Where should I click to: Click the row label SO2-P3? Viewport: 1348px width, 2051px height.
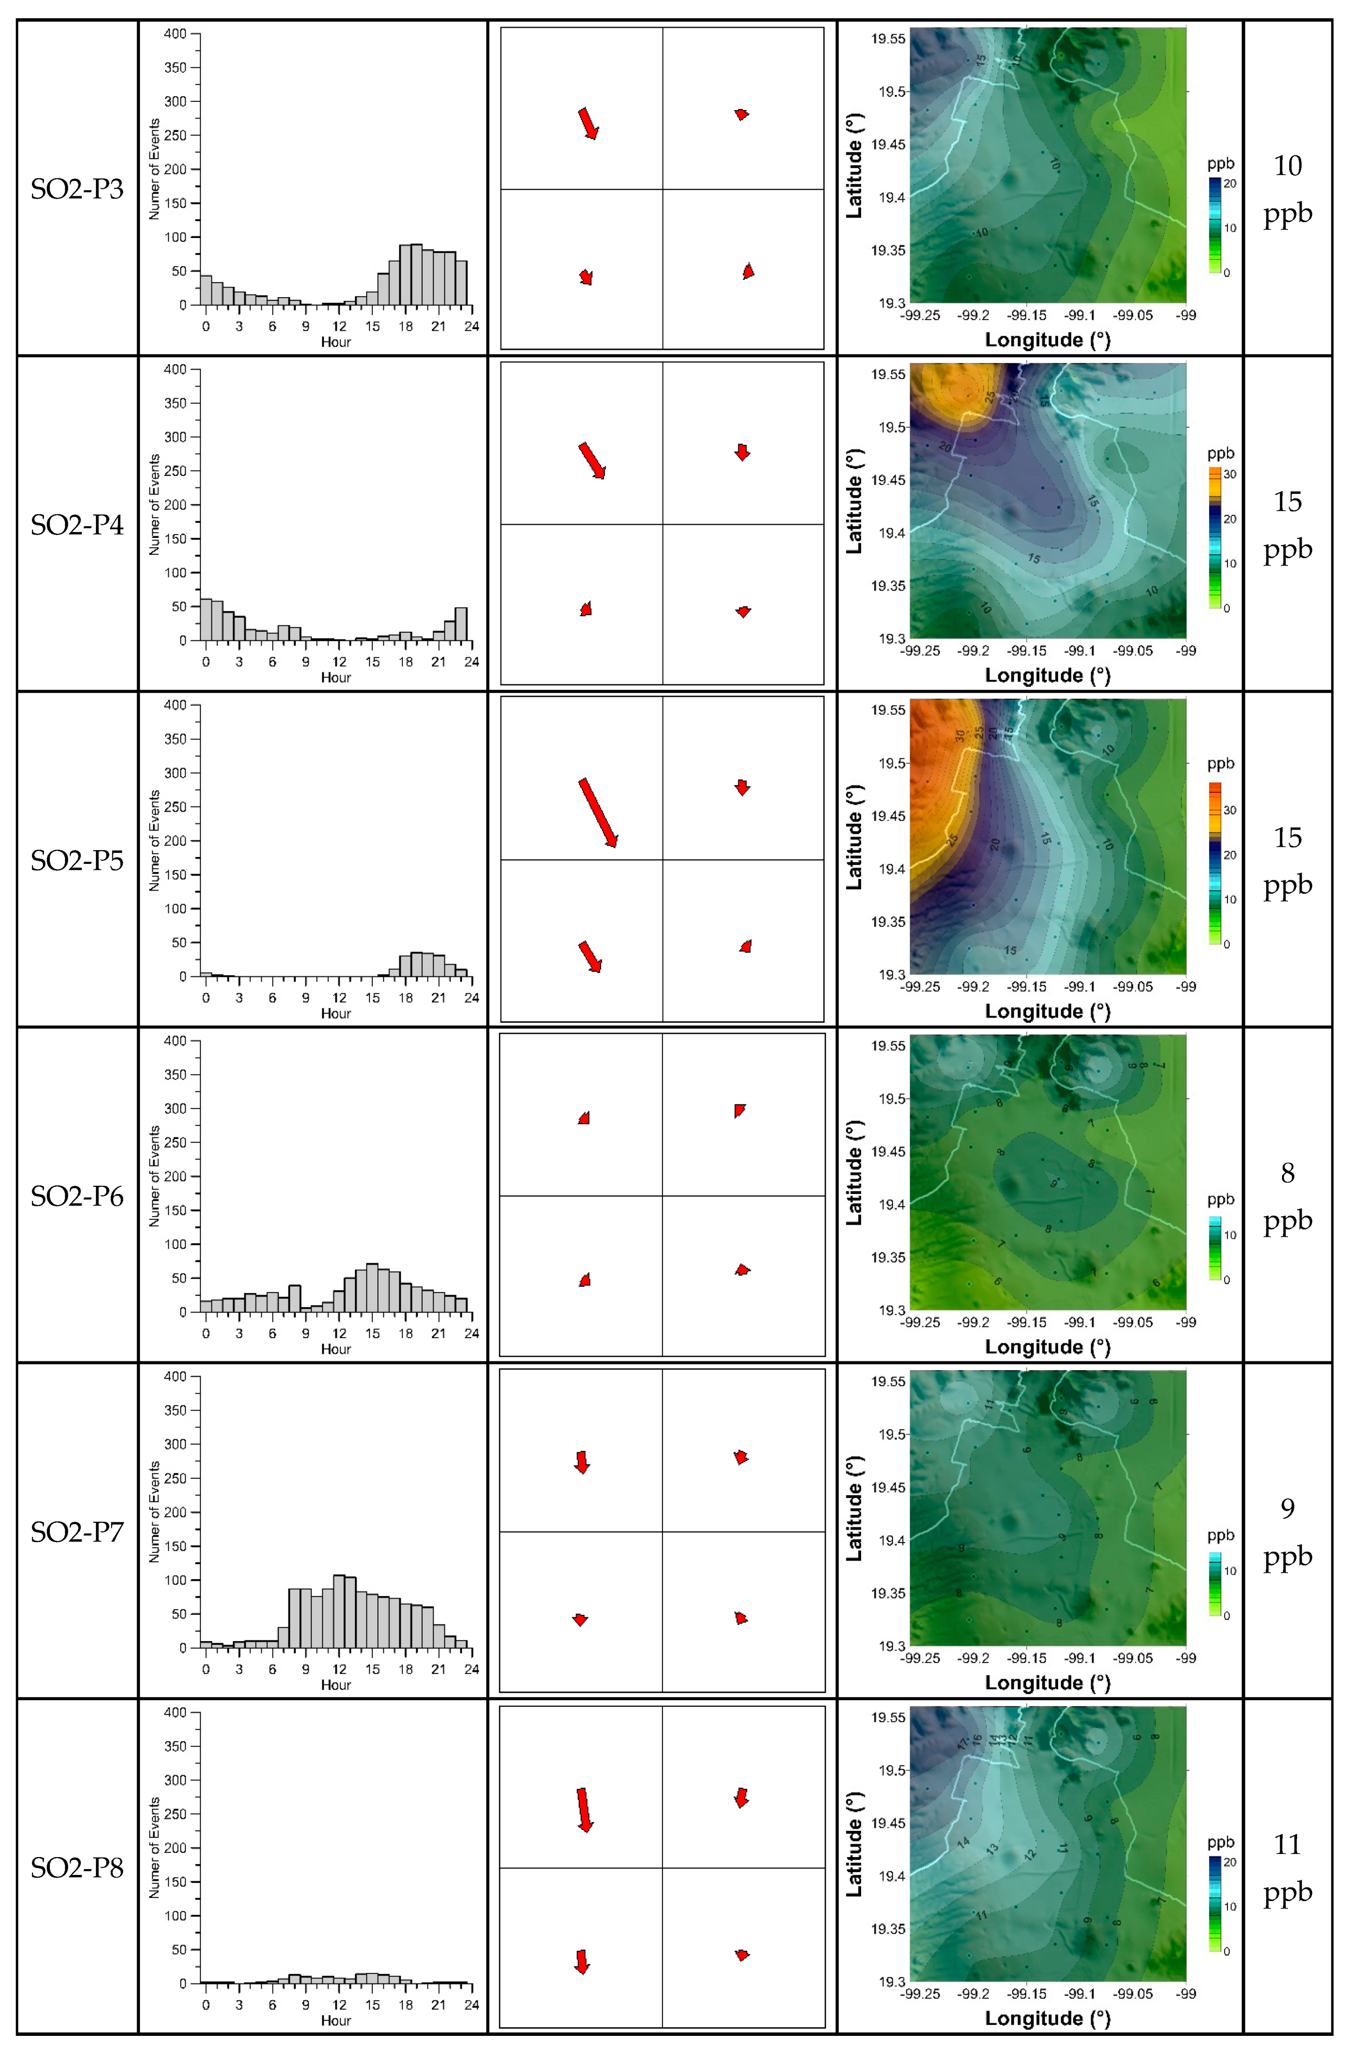click(x=77, y=189)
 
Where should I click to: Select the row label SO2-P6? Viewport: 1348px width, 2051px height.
click(x=77, y=1196)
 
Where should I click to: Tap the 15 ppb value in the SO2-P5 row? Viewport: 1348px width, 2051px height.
click(x=1287, y=860)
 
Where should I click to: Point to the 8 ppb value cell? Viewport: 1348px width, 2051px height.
click(x=1287, y=1196)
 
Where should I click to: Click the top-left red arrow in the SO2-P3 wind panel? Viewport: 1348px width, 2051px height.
click(x=588, y=123)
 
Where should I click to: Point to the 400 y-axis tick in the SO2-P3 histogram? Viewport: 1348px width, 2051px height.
click(x=175, y=33)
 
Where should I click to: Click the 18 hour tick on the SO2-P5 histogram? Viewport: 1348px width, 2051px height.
click(x=405, y=998)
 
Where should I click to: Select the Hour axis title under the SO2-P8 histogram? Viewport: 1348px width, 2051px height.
click(x=336, y=2020)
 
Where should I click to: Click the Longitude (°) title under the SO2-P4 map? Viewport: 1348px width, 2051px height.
click(x=1047, y=675)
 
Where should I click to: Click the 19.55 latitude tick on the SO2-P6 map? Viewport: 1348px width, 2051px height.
click(x=888, y=1046)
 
